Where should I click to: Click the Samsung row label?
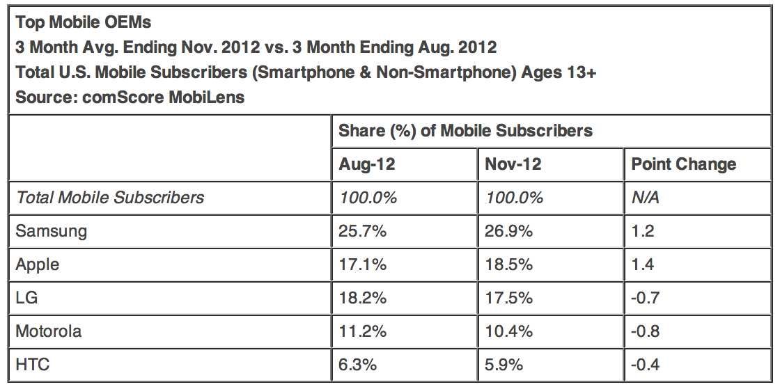point(51,231)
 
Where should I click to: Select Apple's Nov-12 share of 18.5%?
point(508,264)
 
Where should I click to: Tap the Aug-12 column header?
point(367,164)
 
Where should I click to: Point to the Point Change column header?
point(684,164)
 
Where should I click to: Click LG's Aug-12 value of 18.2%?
point(362,298)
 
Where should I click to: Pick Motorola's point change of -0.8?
point(645,331)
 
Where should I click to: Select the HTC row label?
point(32,365)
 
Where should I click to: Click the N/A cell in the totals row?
point(645,198)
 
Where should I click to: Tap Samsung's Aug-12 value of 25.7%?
point(362,231)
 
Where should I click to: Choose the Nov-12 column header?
point(513,164)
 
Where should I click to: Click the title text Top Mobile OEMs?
point(84,22)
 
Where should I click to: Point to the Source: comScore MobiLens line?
point(130,97)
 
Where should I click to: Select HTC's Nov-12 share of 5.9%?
point(504,365)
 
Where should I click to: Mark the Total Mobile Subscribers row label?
point(110,198)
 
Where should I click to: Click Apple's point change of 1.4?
point(643,264)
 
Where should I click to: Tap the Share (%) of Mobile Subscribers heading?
point(466,131)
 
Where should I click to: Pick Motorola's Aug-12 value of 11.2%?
point(362,331)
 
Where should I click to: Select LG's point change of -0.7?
point(645,298)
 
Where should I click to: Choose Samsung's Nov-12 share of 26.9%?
point(509,231)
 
